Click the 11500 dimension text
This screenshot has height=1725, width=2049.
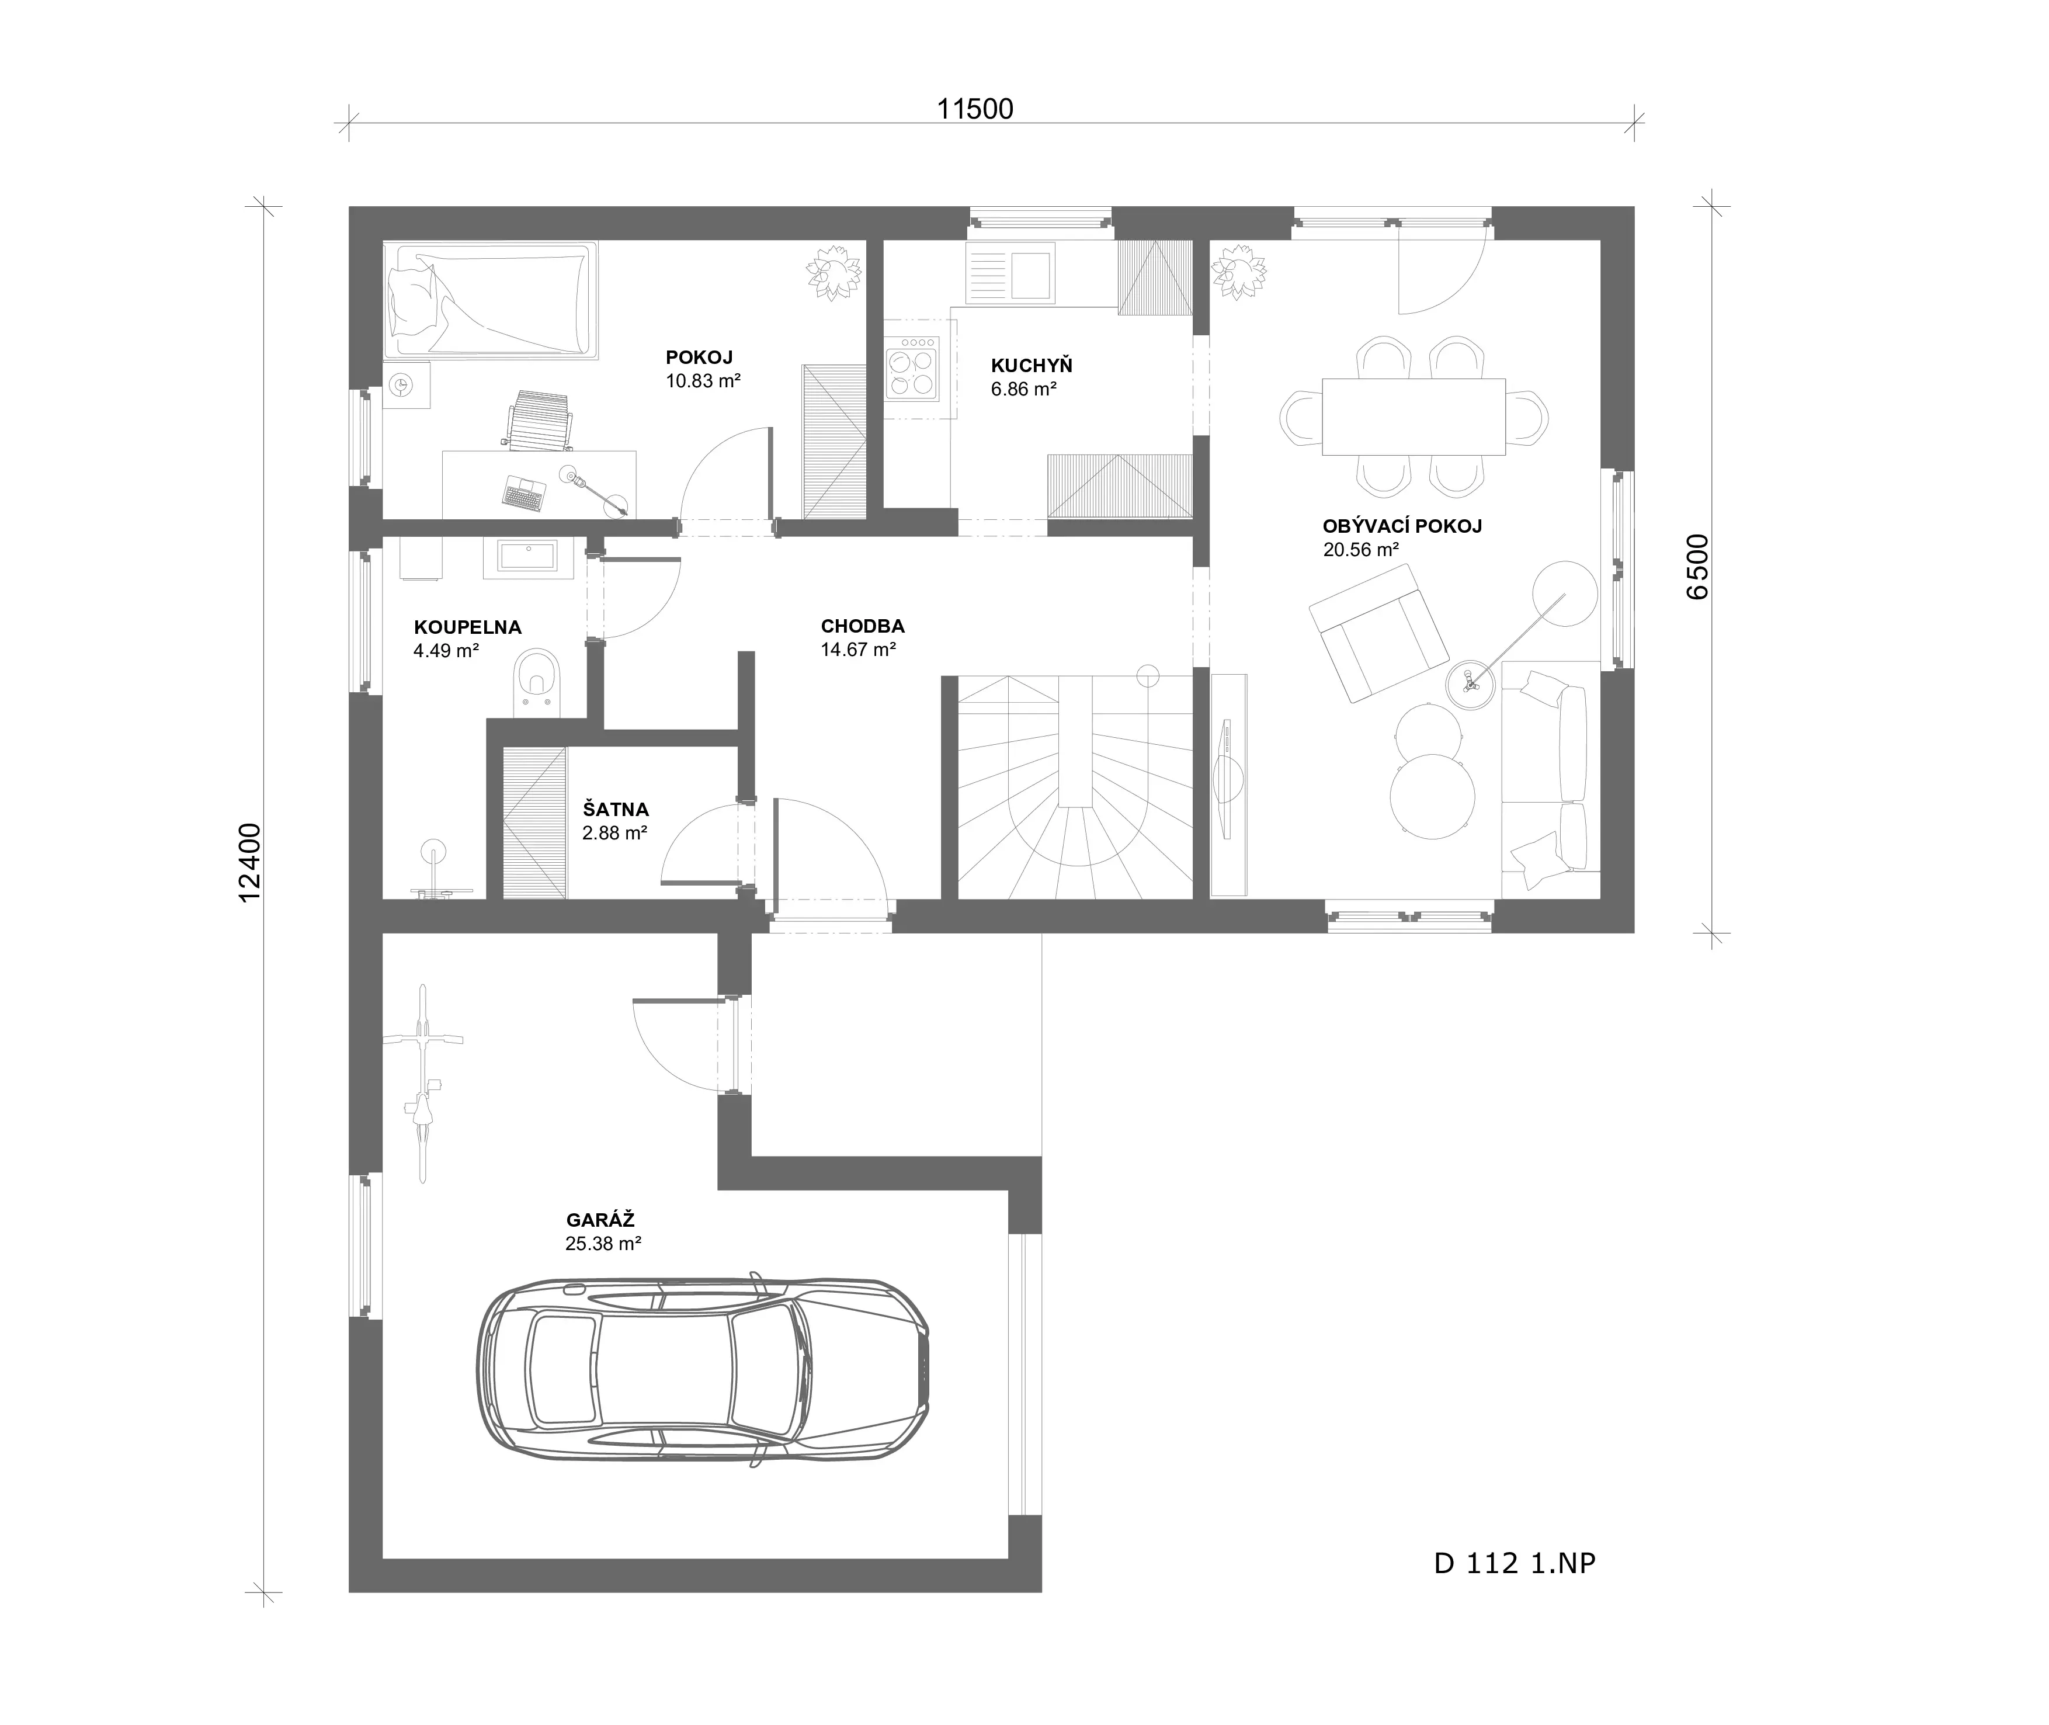coord(975,109)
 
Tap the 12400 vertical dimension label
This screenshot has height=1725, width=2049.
coord(250,862)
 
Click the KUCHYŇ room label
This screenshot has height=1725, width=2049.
coord(1032,366)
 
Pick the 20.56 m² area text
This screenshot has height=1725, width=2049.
coord(1361,550)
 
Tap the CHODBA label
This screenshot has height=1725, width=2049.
coord(862,626)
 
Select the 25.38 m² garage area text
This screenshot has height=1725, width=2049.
coord(603,1244)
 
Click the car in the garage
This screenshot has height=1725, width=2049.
coord(702,1369)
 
